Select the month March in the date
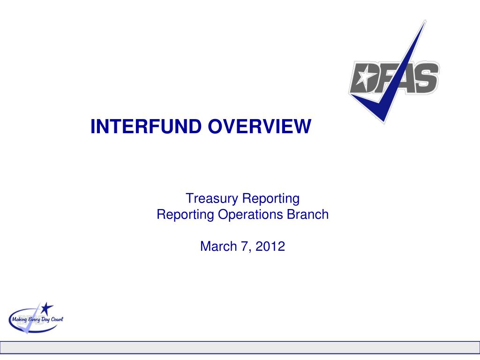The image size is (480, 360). pos(217,246)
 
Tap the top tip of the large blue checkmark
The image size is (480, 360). pos(424,21)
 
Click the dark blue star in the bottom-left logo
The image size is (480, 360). pos(46,308)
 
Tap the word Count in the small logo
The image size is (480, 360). pos(56,319)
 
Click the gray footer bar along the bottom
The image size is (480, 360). pos(240,347)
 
